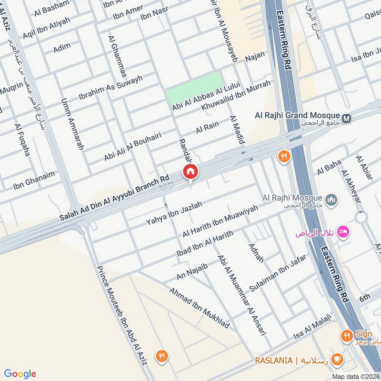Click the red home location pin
point(190,172)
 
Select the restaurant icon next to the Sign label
point(346,336)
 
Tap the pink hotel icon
point(342,232)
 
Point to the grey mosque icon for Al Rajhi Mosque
point(332,198)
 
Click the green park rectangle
point(194,89)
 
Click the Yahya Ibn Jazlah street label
point(174,213)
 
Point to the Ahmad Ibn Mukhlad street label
point(199,308)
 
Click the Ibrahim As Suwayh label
point(110,86)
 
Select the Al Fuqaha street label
point(22,140)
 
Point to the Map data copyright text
point(355,376)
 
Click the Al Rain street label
point(207,127)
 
